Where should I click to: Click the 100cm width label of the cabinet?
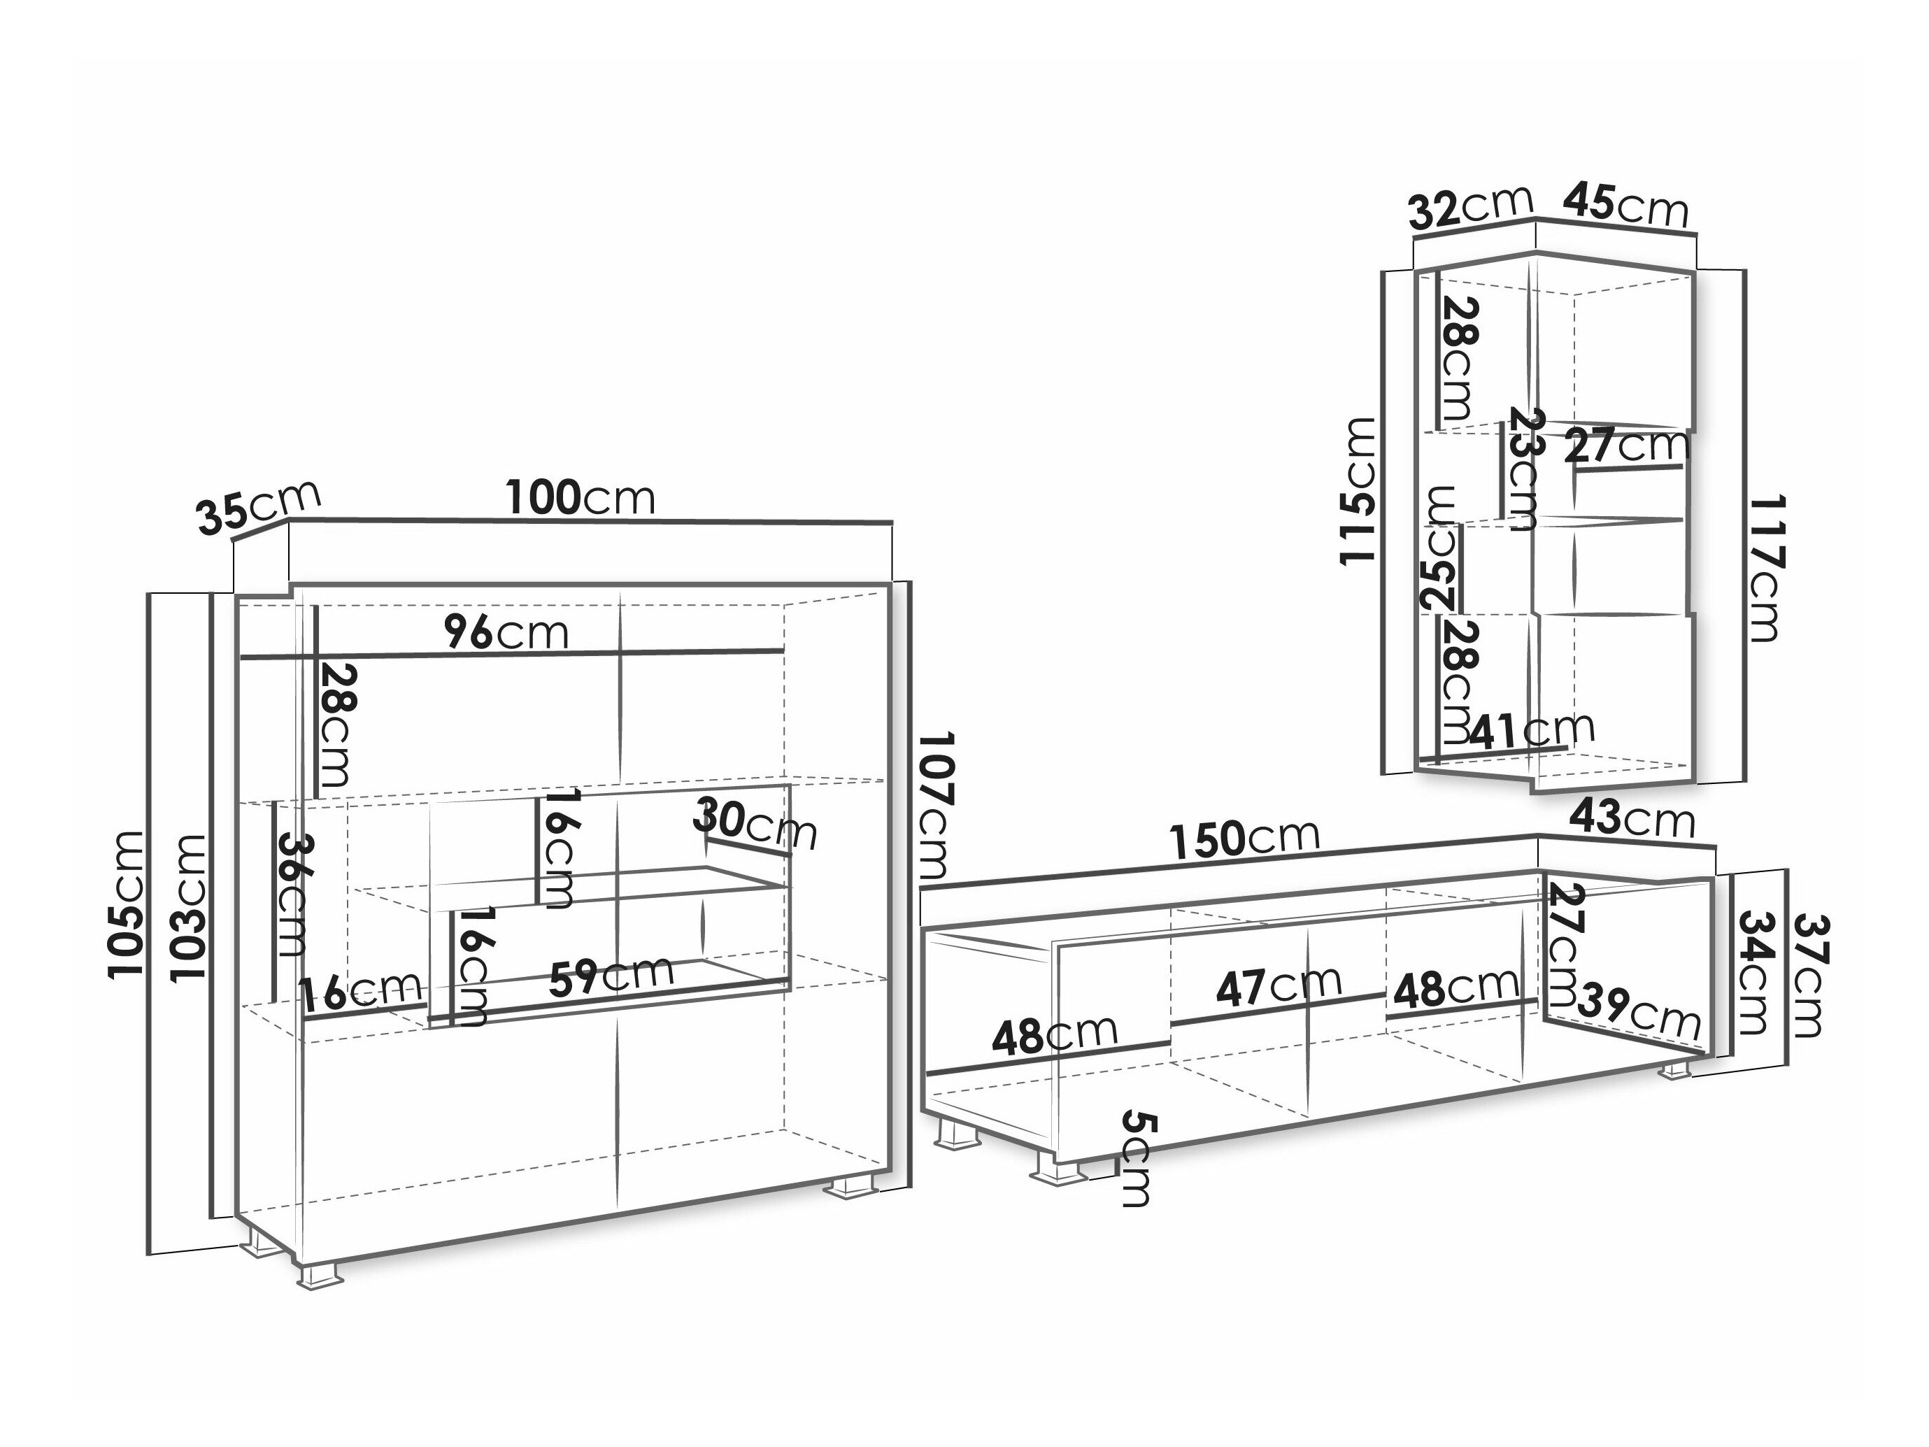(581, 498)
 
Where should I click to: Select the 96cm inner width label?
(506, 632)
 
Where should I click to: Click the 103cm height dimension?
(190, 908)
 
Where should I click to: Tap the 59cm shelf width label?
(611, 975)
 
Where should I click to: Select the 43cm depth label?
(1632, 819)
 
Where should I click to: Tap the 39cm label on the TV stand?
(1639, 1009)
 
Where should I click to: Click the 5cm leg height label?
(1137, 1157)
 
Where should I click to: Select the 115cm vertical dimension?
(1358, 491)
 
